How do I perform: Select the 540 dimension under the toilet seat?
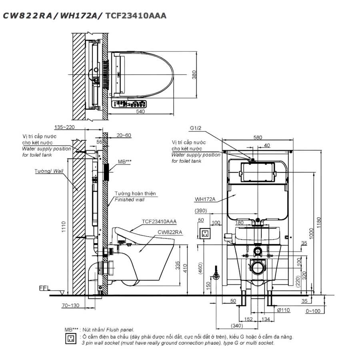coord(140,112)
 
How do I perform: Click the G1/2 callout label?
coord(196,129)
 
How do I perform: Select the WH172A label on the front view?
coord(205,199)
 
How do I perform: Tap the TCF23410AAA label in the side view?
coord(159,221)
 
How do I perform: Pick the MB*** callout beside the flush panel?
coord(124,162)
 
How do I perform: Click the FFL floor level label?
coord(44,288)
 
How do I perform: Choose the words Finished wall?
coord(130,200)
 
